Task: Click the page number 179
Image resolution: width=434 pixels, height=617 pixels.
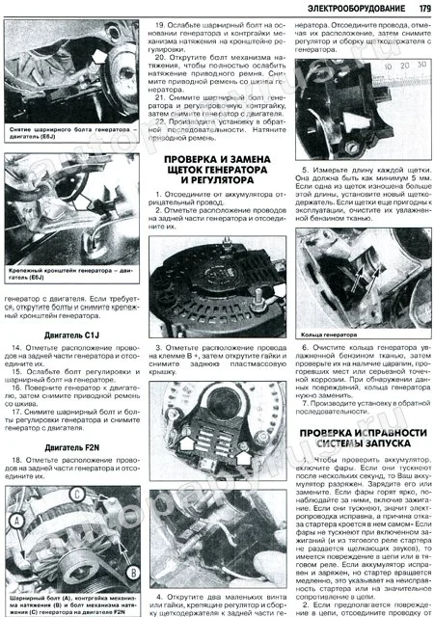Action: [x=420, y=9]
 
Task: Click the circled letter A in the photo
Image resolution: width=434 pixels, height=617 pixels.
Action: [x=16, y=520]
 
